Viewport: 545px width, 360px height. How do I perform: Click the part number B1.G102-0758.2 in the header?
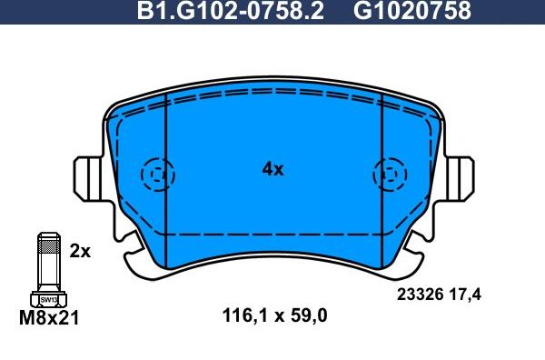tap(229, 11)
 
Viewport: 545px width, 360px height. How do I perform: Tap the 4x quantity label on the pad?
tap(272, 169)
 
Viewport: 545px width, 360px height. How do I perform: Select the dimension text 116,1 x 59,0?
tap(274, 316)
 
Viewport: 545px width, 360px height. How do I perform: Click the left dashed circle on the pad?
tap(157, 172)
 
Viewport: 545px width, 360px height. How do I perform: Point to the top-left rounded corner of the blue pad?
tap(117, 109)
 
